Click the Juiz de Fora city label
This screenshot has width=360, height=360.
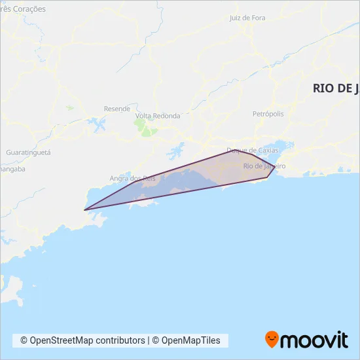[x=247, y=18]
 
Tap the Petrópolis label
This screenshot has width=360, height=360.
[x=268, y=113]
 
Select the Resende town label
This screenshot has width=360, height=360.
[x=117, y=109]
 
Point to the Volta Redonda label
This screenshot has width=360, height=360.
[x=157, y=116]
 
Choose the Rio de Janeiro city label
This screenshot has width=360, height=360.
[x=264, y=166]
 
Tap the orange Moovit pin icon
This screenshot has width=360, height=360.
[x=272, y=339]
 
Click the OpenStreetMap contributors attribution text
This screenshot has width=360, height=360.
[x=82, y=340]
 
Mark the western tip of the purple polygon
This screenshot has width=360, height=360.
[x=84, y=210]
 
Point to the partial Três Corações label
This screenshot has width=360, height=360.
[x=24, y=9]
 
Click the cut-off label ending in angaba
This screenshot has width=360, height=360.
[x=12, y=168]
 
